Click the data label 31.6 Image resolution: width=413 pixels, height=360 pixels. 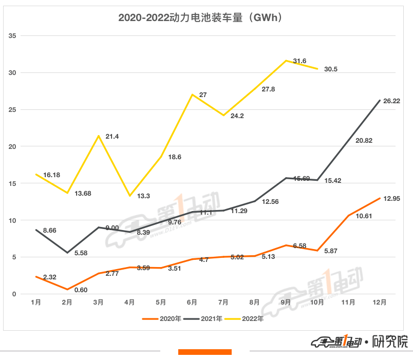pos(299,62)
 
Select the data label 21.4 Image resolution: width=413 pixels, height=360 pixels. pos(112,136)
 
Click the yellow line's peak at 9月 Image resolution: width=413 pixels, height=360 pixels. pos(286,61)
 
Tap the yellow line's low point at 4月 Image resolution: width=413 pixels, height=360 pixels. pos(130,196)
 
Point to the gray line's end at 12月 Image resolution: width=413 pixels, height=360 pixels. pos(379,101)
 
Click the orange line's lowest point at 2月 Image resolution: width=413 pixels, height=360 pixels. pos(67,290)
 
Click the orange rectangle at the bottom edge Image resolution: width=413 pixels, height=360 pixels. pos(204,352)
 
